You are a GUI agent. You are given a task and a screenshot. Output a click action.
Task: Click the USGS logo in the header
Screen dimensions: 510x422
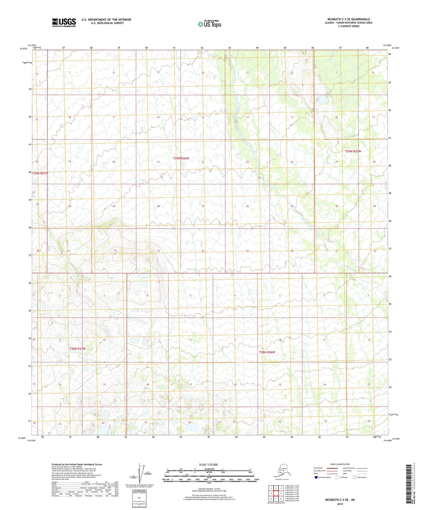[64, 22]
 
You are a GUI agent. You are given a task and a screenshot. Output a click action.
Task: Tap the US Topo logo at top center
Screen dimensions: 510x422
[209, 24]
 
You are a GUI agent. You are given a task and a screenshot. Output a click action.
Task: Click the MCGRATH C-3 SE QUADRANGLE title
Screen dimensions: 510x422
[348, 19]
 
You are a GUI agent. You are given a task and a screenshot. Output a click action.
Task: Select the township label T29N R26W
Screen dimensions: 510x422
[181, 158]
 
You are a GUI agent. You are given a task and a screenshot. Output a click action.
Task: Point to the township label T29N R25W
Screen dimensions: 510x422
[353, 151]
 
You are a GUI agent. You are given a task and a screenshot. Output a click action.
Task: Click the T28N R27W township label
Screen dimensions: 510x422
[77, 349]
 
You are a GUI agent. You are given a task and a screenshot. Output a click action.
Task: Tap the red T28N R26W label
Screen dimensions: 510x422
[267, 352]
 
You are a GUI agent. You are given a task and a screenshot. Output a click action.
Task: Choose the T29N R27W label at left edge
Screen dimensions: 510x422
[40, 173]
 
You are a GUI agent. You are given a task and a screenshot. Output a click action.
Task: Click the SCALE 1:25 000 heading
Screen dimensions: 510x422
[208, 465]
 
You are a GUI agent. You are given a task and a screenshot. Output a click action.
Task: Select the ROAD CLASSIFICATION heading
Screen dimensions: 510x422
[340, 464]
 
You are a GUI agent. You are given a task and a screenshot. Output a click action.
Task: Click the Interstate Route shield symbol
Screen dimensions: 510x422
[316, 477]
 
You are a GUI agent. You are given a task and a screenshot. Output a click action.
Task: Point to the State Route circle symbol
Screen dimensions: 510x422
[355, 477]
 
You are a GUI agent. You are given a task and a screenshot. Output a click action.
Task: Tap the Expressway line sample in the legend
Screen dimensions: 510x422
[332, 468]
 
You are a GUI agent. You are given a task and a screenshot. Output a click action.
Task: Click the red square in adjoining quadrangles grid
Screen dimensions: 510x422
[276, 494]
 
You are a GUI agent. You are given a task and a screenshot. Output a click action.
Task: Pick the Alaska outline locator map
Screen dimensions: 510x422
[281, 472]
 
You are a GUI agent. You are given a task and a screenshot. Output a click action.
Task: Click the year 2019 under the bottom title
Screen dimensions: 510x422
[340, 504]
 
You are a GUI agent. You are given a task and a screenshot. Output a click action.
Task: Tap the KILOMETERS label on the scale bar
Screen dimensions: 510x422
[209, 469]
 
